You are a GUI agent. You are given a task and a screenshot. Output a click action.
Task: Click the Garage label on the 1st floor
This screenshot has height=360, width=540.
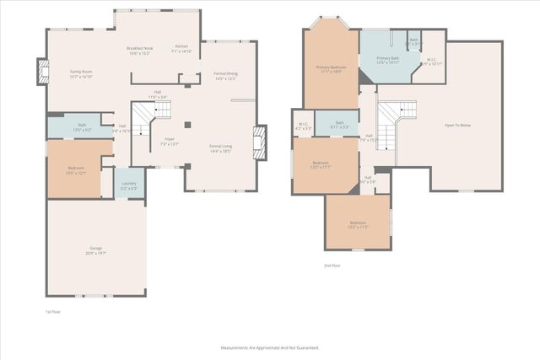click(97, 250)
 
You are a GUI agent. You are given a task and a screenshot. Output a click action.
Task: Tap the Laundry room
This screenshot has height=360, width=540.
click(129, 185)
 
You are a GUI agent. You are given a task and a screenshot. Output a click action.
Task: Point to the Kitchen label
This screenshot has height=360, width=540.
click(182, 48)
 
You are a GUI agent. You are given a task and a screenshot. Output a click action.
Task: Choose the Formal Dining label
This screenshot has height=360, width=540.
click(225, 76)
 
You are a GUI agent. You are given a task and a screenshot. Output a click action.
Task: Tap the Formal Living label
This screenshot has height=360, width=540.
click(221, 148)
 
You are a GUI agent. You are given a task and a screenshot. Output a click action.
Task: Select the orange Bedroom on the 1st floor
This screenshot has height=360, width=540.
click(75, 169)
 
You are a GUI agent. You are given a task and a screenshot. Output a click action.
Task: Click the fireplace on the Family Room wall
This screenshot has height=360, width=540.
click(42, 73)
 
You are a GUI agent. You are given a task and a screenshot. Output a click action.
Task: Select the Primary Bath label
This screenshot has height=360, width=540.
click(388, 60)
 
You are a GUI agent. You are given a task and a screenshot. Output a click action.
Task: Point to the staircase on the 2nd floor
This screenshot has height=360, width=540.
click(388, 122)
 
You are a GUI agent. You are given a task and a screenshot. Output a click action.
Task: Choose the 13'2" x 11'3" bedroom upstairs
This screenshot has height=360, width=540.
click(359, 224)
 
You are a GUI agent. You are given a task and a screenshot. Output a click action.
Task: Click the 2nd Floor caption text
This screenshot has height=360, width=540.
click(332, 266)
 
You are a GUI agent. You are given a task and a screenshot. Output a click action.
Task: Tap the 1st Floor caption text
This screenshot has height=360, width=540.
click(53, 312)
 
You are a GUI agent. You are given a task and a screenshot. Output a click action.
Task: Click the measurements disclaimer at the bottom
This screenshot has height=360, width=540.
click(269, 347)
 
